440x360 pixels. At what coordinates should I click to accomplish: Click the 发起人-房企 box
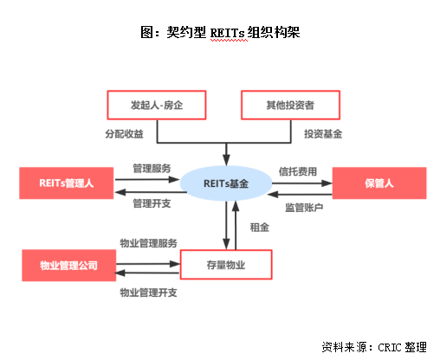pyautogui.click(x=159, y=106)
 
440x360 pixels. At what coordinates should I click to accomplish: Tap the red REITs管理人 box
pyautogui.click(x=66, y=183)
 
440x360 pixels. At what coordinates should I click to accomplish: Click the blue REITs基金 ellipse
pyautogui.click(x=227, y=183)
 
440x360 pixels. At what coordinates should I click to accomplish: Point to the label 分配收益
pyautogui.click(x=125, y=134)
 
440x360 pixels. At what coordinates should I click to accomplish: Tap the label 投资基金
pyautogui.click(x=323, y=134)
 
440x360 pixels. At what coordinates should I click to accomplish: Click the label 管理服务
pyautogui.click(x=152, y=167)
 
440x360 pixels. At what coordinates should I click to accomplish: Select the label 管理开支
pyautogui.click(x=152, y=203)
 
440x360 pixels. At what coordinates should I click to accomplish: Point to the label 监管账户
pyautogui.click(x=303, y=209)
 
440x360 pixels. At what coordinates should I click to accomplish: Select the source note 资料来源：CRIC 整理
pyautogui.click(x=373, y=347)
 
